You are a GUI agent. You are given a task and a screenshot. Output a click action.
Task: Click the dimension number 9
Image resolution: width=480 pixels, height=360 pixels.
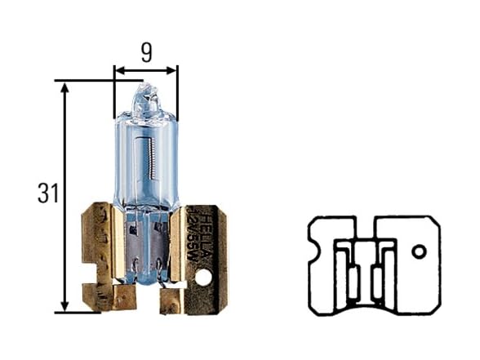coord(145,54)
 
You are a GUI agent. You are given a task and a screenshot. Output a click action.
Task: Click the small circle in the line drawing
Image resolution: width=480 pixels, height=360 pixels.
coord(418,251)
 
